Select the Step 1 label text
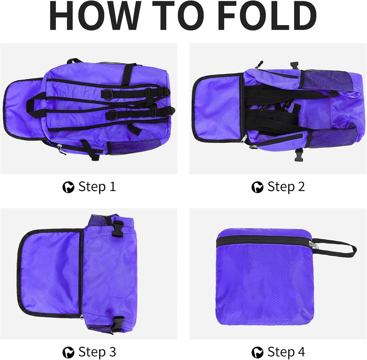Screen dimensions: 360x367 point(97,187)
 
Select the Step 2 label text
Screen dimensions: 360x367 point(286,187)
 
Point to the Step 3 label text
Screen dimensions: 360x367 point(97,352)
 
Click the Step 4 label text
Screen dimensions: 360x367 point(286,352)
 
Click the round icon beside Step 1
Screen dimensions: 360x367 point(68,187)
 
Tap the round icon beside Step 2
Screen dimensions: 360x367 point(257,187)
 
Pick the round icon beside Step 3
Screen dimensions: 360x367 point(68,352)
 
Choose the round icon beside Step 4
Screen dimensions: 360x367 point(257,352)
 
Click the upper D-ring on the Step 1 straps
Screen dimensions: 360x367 point(106,94)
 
